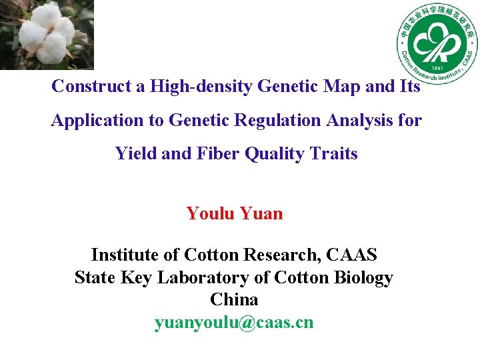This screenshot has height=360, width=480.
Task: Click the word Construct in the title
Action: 84,87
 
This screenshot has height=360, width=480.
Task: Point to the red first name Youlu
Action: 210,214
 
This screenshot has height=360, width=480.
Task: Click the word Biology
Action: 365,277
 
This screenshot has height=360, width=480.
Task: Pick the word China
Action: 234,299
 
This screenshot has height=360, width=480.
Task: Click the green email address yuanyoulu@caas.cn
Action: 234,323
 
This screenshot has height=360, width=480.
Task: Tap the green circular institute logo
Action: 437,43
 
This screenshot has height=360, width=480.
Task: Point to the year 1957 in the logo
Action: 437,68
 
